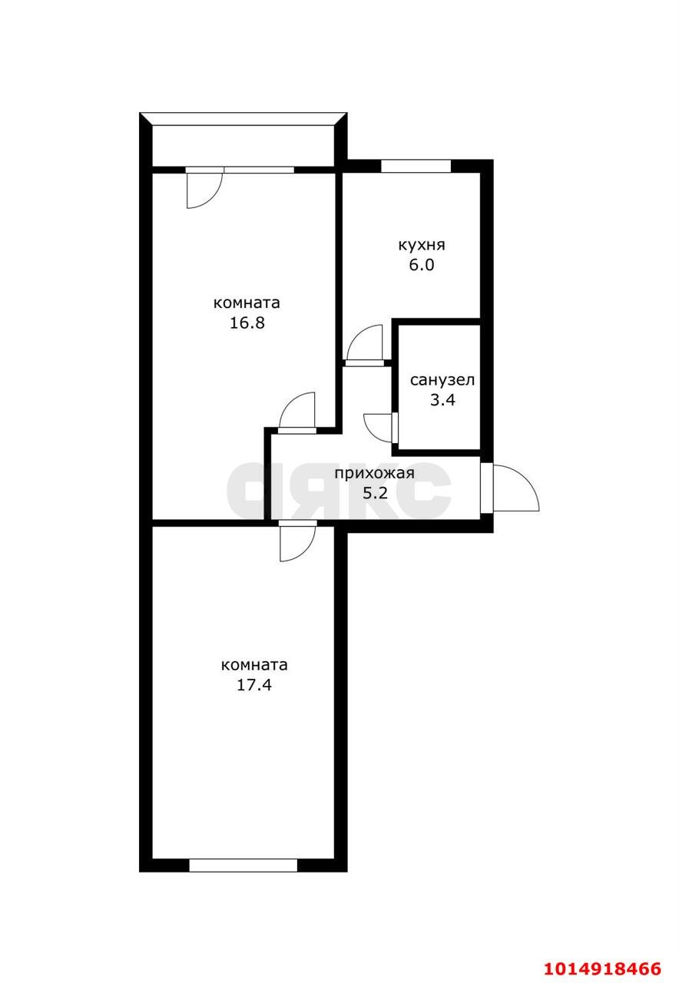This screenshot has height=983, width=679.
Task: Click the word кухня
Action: pos(422,245)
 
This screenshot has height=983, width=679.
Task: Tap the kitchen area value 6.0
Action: pos(422,266)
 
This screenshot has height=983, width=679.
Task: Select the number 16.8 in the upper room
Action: pos(247,323)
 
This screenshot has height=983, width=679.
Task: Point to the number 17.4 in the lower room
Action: pos(254,684)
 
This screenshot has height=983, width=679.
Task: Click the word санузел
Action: pos(442,380)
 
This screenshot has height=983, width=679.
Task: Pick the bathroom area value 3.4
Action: pos(442,400)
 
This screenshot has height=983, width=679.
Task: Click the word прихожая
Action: pos(374,474)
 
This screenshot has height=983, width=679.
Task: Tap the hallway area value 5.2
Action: pos(374,494)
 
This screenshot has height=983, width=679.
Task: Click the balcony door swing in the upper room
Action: pos(204,190)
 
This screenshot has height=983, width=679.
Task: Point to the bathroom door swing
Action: pos(379,429)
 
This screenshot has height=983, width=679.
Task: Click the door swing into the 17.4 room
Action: pos(298,543)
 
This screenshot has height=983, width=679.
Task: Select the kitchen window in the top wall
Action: pos(416,166)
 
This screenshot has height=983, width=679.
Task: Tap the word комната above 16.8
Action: pos(247,303)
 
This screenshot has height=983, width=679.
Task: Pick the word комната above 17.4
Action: pos(254,665)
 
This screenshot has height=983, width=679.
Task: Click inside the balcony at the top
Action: pos(243,146)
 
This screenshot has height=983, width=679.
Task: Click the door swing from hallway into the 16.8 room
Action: pos(296,410)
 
